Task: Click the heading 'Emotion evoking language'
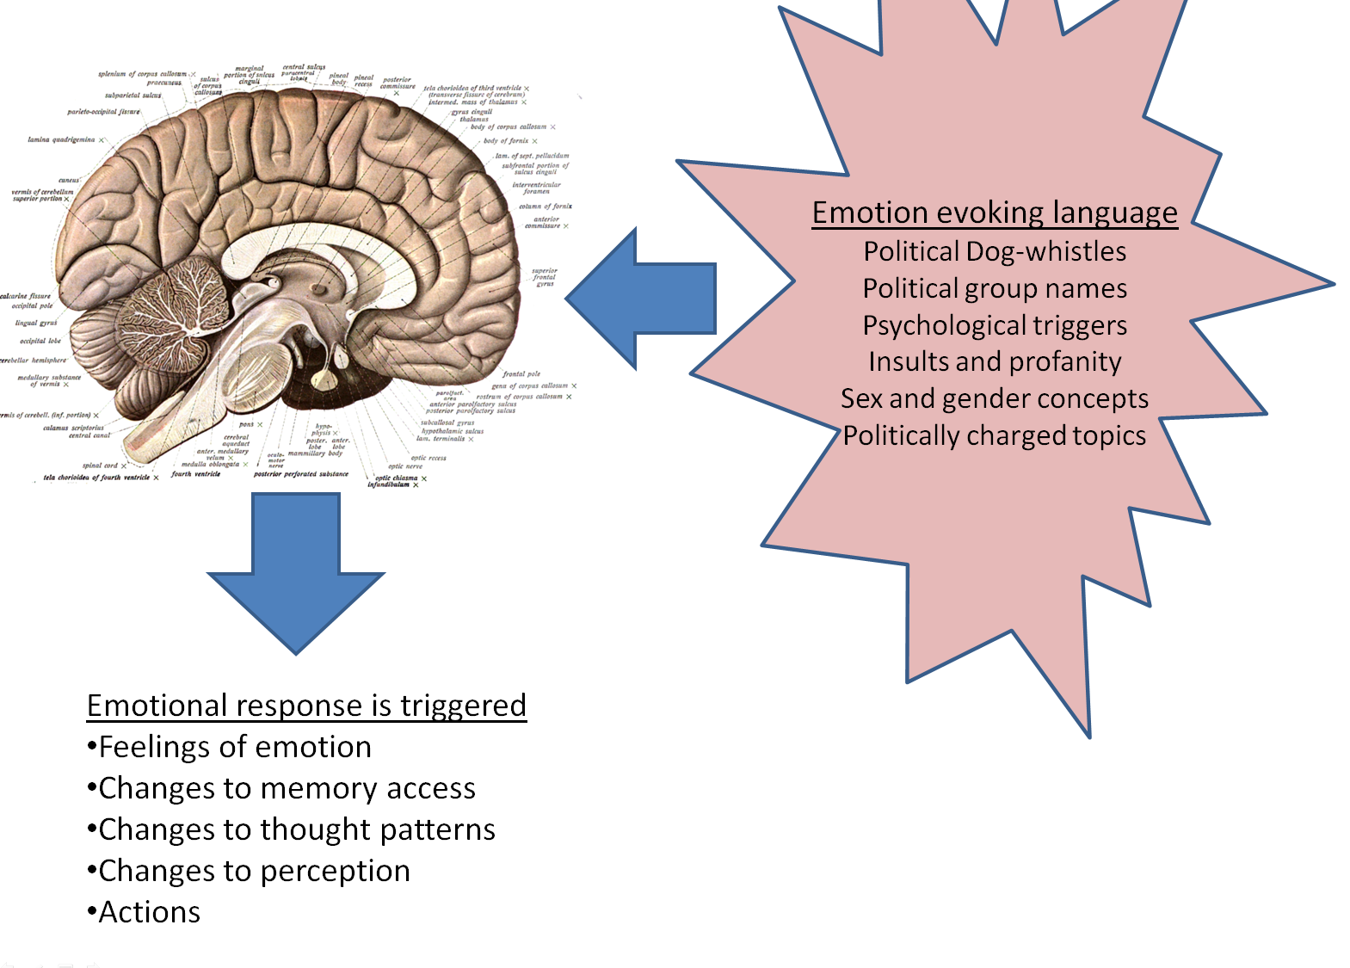click(x=995, y=213)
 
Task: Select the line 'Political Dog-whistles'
click(x=995, y=251)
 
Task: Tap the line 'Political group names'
click(x=995, y=288)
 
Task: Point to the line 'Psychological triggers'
click(x=995, y=325)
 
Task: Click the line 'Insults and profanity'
click(x=995, y=361)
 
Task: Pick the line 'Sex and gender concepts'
click(x=995, y=398)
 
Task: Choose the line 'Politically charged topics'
click(x=995, y=435)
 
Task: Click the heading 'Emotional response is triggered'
click(x=306, y=706)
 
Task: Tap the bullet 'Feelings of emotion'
click(x=234, y=747)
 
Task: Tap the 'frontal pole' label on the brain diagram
click(x=521, y=374)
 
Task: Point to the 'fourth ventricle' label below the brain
click(x=195, y=474)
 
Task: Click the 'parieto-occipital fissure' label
click(x=103, y=112)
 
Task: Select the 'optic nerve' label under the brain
click(x=405, y=466)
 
